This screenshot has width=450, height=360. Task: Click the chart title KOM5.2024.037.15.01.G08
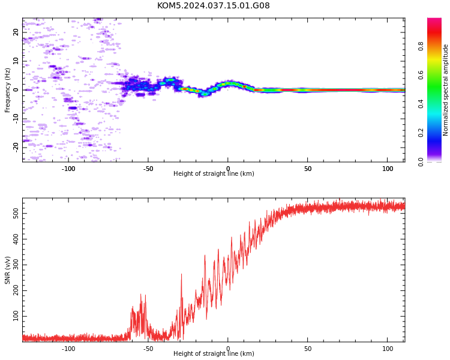click(213, 5)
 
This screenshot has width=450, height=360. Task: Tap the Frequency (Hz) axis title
click(7, 90)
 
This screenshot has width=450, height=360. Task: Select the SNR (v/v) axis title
click(7, 270)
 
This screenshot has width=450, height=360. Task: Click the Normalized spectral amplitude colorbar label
click(445, 90)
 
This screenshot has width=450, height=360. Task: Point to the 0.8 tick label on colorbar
click(421, 46)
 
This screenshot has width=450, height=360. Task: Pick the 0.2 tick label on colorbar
click(421, 133)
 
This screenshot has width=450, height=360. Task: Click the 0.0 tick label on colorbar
click(421, 162)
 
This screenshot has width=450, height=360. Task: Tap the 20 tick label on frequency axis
click(16, 32)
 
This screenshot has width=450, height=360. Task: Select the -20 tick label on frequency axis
click(16, 148)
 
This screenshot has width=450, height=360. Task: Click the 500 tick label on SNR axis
click(16, 213)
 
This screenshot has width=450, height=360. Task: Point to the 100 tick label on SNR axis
click(16, 316)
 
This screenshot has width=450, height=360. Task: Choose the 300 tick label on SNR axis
click(16, 265)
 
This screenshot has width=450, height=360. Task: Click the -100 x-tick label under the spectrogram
click(68, 169)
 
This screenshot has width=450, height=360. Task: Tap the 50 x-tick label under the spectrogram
click(308, 169)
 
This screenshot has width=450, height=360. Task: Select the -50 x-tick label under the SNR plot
click(148, 349)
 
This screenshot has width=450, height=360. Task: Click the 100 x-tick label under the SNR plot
click(388, 349)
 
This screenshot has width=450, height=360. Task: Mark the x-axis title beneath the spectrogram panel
click(214, 173)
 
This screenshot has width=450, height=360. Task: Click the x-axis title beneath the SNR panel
click(214, 353)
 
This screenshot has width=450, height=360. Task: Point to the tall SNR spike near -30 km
click(181, 304)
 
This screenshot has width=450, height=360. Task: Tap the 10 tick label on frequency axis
click(16, 61)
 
